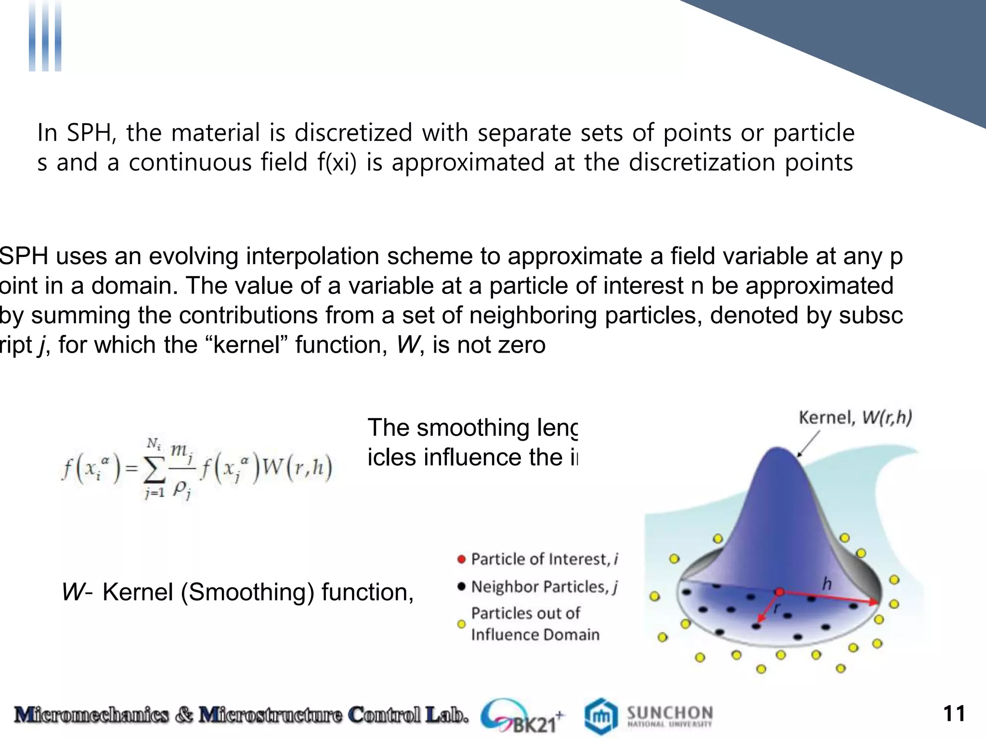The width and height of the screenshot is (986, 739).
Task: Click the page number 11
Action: pos(954,714)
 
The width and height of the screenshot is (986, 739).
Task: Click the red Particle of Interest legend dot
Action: pos(461,559)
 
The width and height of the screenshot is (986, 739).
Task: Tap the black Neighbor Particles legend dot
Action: pos(461,586)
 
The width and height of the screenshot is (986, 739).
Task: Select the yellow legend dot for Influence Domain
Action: pos(461,624)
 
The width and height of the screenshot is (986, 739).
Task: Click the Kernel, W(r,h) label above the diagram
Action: pos(855,417)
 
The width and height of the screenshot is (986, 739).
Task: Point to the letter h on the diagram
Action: pos(827,584)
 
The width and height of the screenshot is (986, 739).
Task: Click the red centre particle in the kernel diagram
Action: pos(779,592)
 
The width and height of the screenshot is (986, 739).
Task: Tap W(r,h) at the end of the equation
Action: pos(297,467)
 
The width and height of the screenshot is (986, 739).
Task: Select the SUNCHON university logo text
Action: pos(669,713)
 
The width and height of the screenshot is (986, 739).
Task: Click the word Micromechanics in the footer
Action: pos(91,715)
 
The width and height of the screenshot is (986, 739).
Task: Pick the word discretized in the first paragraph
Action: pos(353,132)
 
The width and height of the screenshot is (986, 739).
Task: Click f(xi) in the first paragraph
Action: pos(337,162)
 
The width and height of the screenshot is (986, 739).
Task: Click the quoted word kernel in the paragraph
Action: pos(247,345)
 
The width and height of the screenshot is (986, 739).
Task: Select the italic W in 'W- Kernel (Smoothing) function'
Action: pos(73,592)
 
